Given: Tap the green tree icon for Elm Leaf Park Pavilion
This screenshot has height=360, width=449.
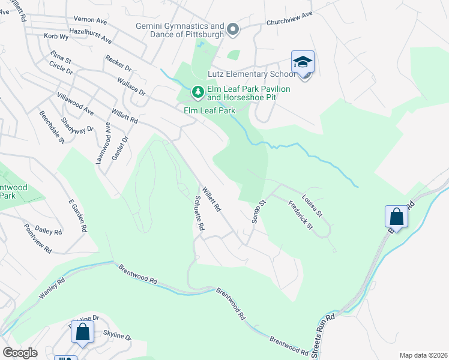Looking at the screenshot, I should [197, 92].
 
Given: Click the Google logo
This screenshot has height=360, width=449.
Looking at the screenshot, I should [20, 353].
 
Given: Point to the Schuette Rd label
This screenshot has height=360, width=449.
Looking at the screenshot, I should [199, 214].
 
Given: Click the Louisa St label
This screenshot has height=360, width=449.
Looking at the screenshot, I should [312, 205].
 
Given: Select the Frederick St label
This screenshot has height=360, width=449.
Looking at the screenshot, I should [301, 214].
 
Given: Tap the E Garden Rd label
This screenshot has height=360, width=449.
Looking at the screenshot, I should [78, 217].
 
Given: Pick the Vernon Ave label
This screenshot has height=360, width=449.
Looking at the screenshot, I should [89, 20].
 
